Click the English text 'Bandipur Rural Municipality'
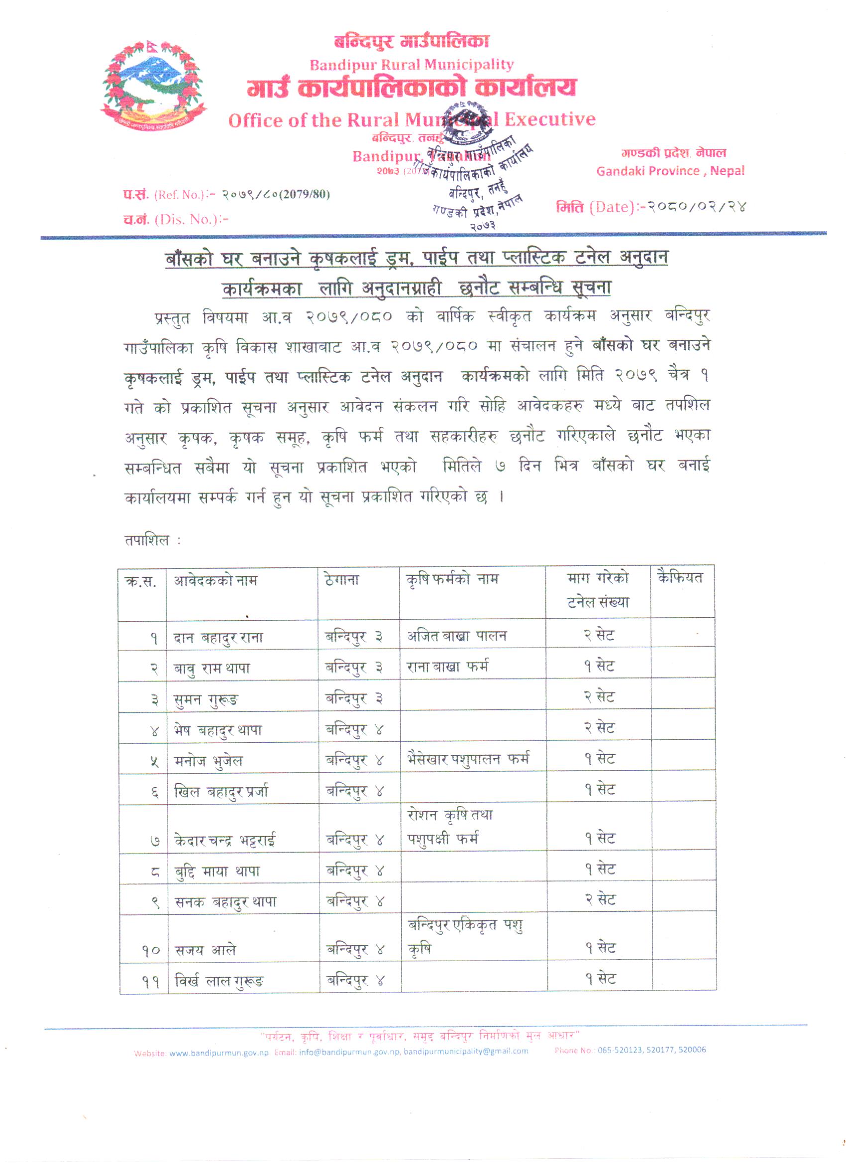click(x=411, y=65)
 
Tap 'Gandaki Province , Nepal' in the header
click(x=670, y=171)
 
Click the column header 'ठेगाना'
click(x=342, y=581)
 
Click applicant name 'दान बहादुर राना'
click(x=218, y=638)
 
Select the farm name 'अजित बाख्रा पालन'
click(x=457, y=636)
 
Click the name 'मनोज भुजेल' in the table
click(x=209, y=761)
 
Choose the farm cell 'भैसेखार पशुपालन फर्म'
click(x=468, y=759)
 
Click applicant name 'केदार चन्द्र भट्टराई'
click(x=225, y=840)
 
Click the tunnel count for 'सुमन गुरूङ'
click(x=599, y=697)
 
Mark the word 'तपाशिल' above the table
click(x=147, y=540)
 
